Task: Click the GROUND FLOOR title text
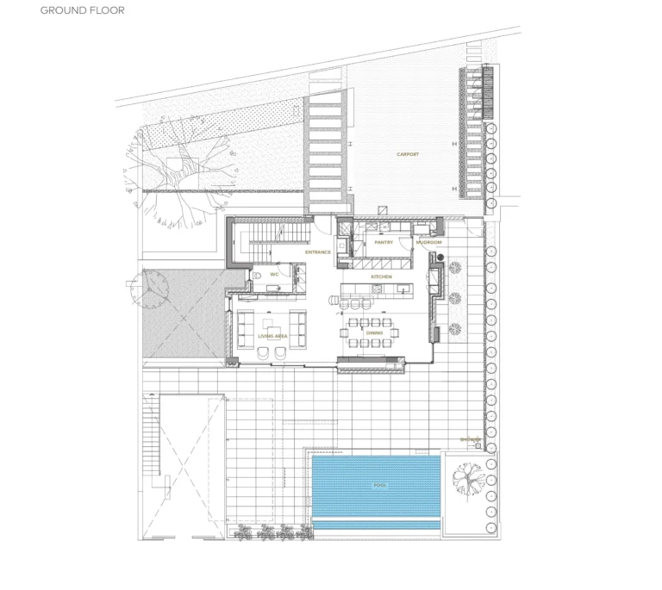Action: pos(82,11)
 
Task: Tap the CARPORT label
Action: pos(408,154)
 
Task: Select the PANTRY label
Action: pos(384,242)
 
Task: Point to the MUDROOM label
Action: pos(428,242)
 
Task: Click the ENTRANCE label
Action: pos(318,252)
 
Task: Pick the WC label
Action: pos(274,275)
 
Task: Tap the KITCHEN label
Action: pos(381,276)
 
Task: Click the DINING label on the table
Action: pos(374,332)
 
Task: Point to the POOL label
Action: pos(379,485)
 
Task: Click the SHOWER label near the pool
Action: pos(471,439)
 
